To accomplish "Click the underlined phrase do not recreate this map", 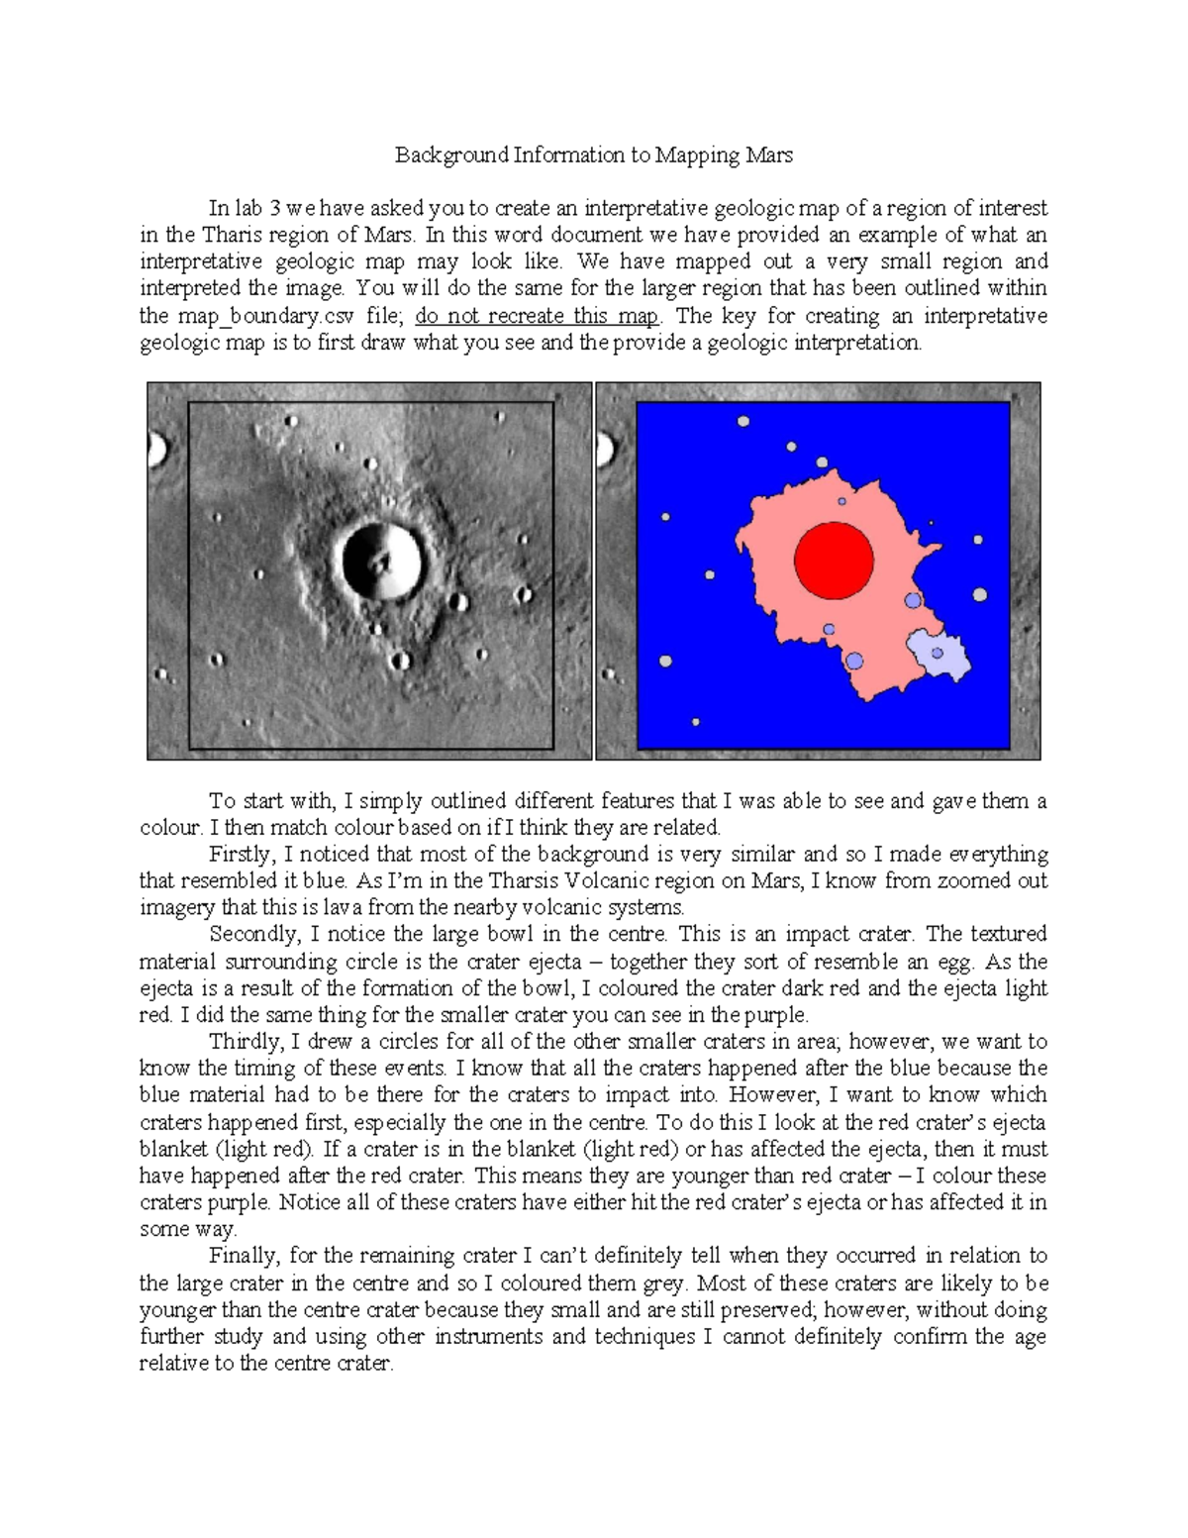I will pyautogui.click(x=537, y=317).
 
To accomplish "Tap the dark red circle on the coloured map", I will pyautogui.click(x=834, y=562).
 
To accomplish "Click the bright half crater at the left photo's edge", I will pyautogui.click(x=156, y=451).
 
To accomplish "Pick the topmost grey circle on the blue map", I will pyautogui.click(x=742, y=422).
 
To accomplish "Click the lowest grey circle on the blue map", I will pyautogui.click(x=696, y=723).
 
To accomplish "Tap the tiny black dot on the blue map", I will pyautogui.click(x=931, y=523).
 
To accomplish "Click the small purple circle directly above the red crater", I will pyautogui.click(x=841, y=501).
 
